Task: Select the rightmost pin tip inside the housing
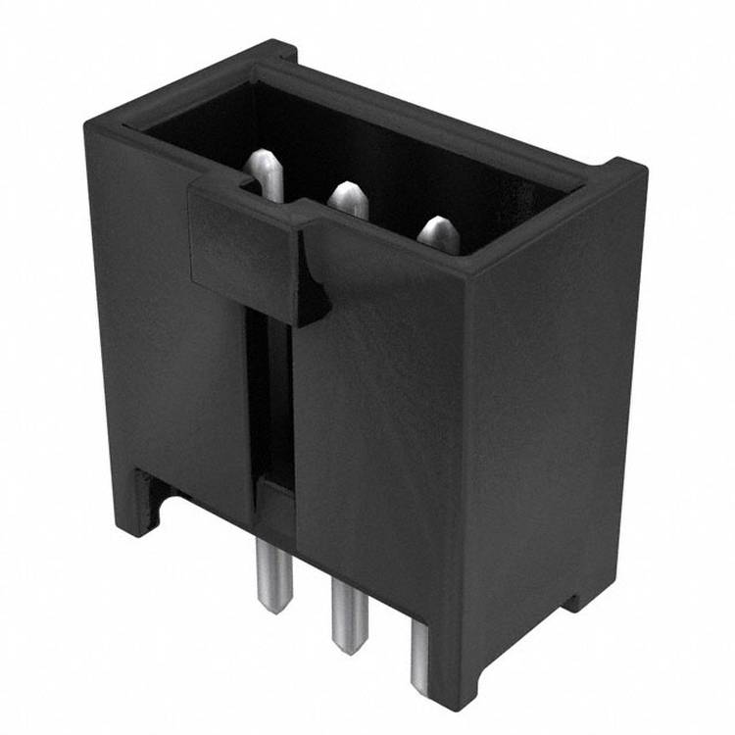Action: pos(438,233)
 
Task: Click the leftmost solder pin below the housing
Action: pos(269,574)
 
